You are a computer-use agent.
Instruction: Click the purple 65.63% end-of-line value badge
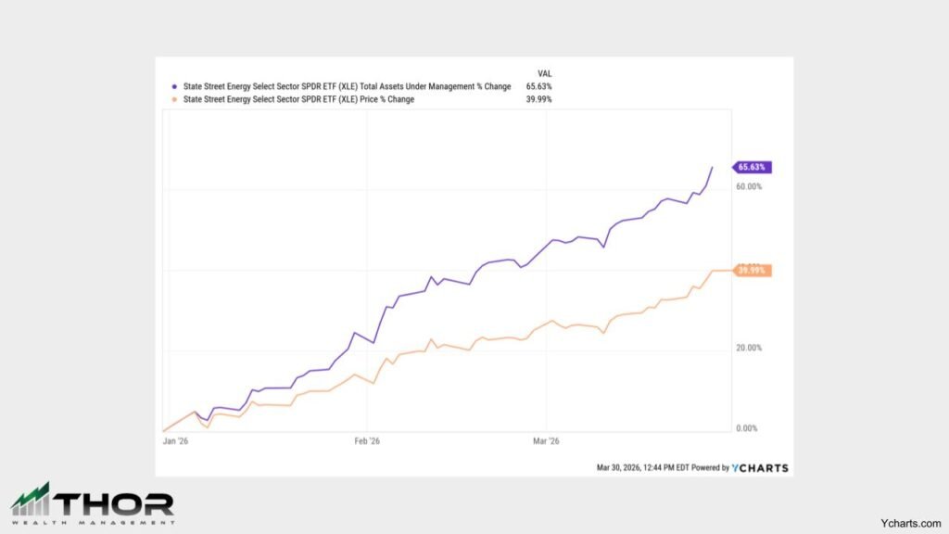752,168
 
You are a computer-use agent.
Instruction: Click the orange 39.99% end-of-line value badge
752,271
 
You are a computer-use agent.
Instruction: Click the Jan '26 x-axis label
175,442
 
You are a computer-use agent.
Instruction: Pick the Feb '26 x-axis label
367,442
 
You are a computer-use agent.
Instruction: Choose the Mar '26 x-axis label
547,442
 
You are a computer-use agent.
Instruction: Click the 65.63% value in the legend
538,86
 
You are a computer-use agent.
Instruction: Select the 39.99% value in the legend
538,99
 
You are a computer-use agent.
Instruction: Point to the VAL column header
545,73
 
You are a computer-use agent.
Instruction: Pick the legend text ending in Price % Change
298,99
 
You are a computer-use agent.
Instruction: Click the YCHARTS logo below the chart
760,468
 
